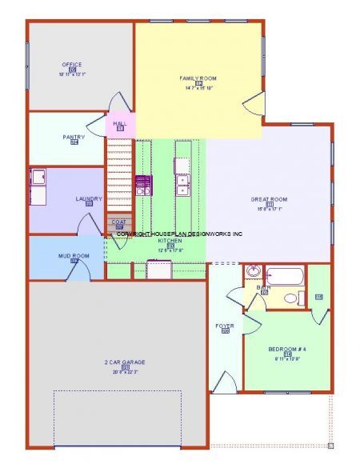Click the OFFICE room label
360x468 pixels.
(73, 65)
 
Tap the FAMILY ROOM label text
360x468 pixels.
(198, 78)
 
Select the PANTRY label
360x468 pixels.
(74, 137)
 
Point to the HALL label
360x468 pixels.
(120, 123)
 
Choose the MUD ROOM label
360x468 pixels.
(74, 256)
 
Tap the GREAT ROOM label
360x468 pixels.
(270, 199)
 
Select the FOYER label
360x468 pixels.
(225, 326)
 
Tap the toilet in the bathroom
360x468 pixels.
(290, 298)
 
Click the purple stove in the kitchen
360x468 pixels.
(143, 186)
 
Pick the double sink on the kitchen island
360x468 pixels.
(182, 186)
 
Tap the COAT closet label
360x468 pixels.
(119, 222)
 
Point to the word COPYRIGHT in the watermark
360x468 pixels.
(131, 234)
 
